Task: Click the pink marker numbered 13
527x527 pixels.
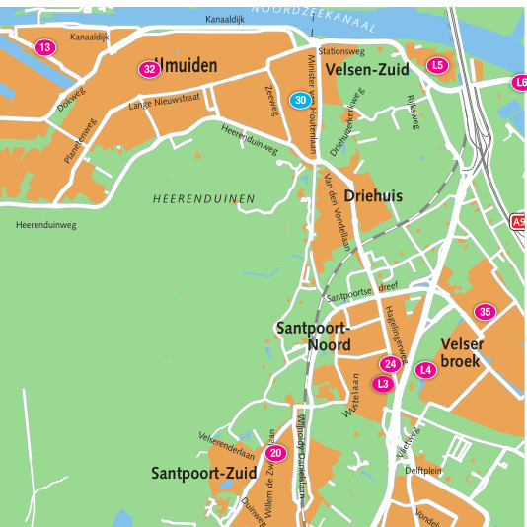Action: pyautogui.click(x=44, y=47)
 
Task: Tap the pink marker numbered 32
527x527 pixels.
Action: pyautogui.click(x=149, y=69)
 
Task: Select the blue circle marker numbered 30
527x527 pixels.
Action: pyautogui.click(x=300, y=100)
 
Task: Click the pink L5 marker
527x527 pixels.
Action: pyautogui.click(x=438, y=65)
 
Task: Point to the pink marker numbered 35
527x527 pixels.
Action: pyautogui.click(x=484, y=312)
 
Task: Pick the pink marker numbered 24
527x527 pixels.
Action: pyautogui.click(x=390, y=364)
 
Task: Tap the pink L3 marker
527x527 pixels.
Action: pyautogui.click(x=383, y=383)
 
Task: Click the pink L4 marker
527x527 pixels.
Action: pyautogui.click(x=425, y=370)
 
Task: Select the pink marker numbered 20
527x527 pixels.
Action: pyautogui.click(x=275, y=453)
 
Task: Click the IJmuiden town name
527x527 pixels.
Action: pyautogui.click(x=188, y=66)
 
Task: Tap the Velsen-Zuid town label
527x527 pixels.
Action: pyautogui.click(x=367, y=69)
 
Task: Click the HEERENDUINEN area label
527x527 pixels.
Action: pyautogui.click(x=203, y=199)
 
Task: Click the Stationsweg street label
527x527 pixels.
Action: pyautogui.click(x=341, y=50)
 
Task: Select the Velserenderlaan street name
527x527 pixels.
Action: pyautogui.click(x=227, y=445)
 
